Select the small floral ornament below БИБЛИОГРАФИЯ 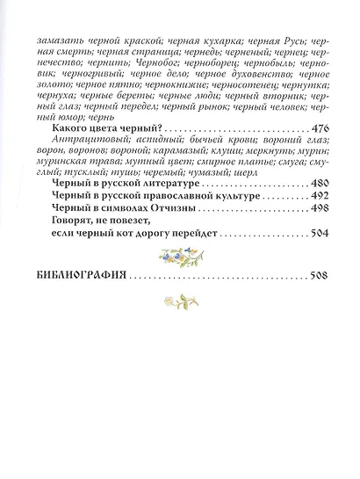tap(180, 301)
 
